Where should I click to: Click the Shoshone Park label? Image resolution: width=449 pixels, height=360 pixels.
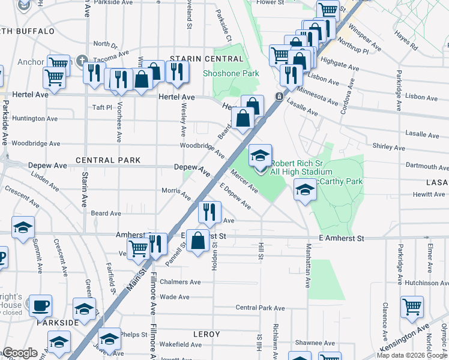pos(231,73)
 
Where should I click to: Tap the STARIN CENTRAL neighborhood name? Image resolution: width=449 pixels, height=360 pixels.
pos(207,59)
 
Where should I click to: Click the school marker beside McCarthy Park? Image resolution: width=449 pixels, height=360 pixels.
pos(305,191)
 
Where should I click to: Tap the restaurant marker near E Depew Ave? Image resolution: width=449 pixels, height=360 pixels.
pos(209,212)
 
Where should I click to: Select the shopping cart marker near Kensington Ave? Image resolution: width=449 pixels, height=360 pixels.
pos(412,307)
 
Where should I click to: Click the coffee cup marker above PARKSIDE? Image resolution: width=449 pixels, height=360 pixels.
pos(41,305)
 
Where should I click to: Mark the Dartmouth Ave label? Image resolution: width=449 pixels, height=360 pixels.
pos(426,166)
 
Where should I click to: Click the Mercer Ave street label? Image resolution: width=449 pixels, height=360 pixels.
pos(245,184)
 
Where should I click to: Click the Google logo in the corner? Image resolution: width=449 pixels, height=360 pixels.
pos(20,353)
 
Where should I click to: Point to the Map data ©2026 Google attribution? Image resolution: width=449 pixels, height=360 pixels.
pos(412,355)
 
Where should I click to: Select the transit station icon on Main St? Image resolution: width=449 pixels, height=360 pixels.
pos(279,97)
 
